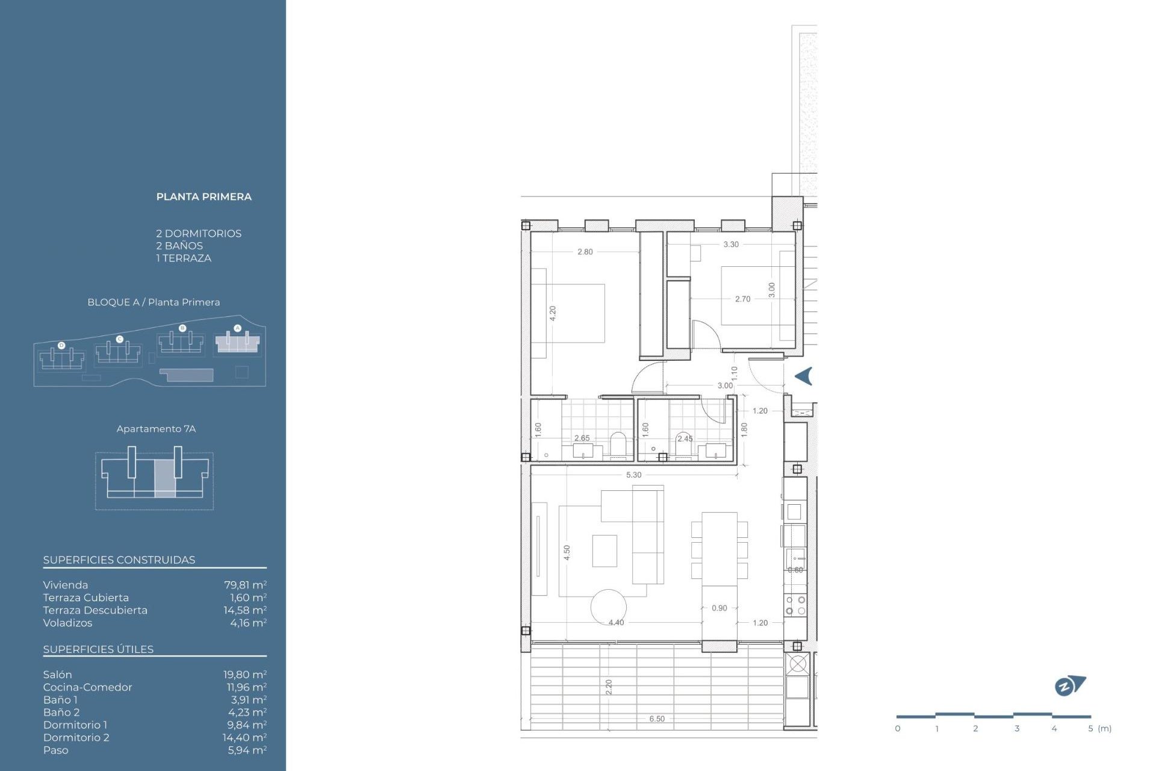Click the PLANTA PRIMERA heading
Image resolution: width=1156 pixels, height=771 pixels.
point(204,197)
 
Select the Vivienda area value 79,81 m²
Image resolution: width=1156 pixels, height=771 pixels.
point(245,585)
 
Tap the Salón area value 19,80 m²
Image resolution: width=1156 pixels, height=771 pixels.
point(244,675)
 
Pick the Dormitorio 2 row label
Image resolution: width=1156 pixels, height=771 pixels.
point(76,737)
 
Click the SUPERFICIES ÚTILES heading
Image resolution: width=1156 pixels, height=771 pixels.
point(98,649)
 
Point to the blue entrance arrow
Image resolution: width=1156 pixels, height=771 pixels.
point(804,376)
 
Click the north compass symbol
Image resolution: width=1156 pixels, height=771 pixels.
point(1069,685)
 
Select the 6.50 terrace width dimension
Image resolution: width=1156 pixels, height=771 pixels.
point(657,719)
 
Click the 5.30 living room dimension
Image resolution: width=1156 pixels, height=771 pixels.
point(633,475)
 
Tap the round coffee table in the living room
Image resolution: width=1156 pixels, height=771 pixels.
point(608,607)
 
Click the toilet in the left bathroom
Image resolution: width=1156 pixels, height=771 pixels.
point(618,444)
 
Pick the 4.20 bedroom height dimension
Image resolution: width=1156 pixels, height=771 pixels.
point(553,313)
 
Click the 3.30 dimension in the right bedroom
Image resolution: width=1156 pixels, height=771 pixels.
point(731,244)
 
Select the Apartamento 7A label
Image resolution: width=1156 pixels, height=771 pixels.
point(156,429)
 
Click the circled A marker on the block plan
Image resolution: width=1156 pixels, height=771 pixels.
point(237,328)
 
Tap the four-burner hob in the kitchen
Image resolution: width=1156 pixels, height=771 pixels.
point(795,605)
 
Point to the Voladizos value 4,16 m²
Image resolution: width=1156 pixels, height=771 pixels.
point(248,623)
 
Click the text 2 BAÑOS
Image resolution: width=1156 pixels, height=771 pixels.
point(179,246)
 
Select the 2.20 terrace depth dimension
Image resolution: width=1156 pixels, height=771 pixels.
point(609,687)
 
